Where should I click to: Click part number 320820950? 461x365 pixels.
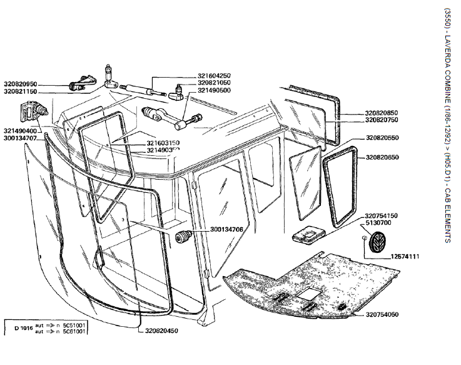click(x=21, y=83)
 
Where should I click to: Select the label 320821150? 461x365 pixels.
click(x=21, y=91)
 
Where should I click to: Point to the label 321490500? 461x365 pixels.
click(x=214, y=90)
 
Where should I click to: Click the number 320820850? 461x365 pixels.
click(x=382, y=113)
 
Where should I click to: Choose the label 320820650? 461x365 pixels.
click(x=382, y=157)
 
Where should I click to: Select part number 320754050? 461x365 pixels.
click(x=382, y=314)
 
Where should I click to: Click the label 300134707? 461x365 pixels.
click(x=21, y=138)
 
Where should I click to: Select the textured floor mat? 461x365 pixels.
click(x=313, y=282)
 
